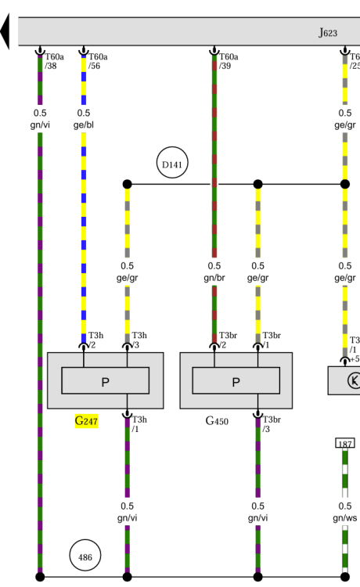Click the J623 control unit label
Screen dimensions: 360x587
[328, 33]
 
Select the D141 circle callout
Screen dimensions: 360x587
[172, 163]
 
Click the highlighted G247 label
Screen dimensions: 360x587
[86, 421]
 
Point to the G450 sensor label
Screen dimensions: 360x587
[217, 421]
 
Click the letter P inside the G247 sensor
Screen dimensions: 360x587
[106, 382]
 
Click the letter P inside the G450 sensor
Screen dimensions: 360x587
[236, 382]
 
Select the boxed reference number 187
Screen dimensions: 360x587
[345, 443]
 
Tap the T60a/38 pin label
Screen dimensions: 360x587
[54, 61]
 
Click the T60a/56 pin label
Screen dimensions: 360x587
[98, 61]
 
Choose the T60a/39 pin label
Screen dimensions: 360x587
[229, 61]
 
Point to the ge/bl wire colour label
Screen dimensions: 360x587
[84, 124]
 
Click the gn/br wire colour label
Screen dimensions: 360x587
[214, 278]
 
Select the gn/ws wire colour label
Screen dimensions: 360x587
[345, 518]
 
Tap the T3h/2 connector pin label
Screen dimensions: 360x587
[95, 340]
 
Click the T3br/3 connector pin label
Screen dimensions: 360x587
[272, 424]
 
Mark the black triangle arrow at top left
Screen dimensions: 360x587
[5, 31]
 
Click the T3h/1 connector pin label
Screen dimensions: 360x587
[139, 424]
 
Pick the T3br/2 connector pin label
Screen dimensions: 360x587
[228, 340]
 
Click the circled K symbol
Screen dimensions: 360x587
[354, 380]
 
